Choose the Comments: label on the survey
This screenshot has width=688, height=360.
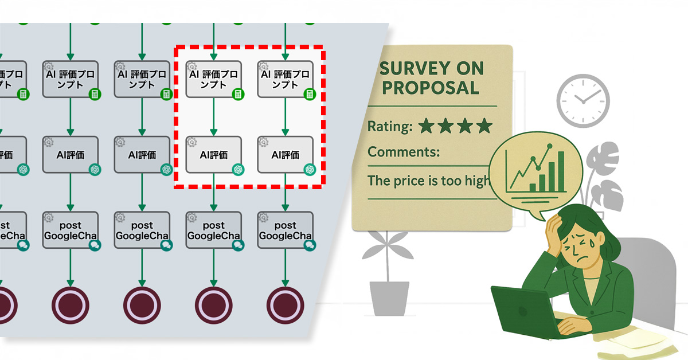click(x=404, y=152)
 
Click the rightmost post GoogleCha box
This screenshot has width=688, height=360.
click(x=285, y=230)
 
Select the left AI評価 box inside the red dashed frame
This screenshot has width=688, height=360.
click(x=214, y=154)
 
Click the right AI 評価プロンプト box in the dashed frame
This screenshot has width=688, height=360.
click(x=285, y=79)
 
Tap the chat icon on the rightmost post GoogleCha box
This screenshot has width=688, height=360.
click(x=310, y=245)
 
